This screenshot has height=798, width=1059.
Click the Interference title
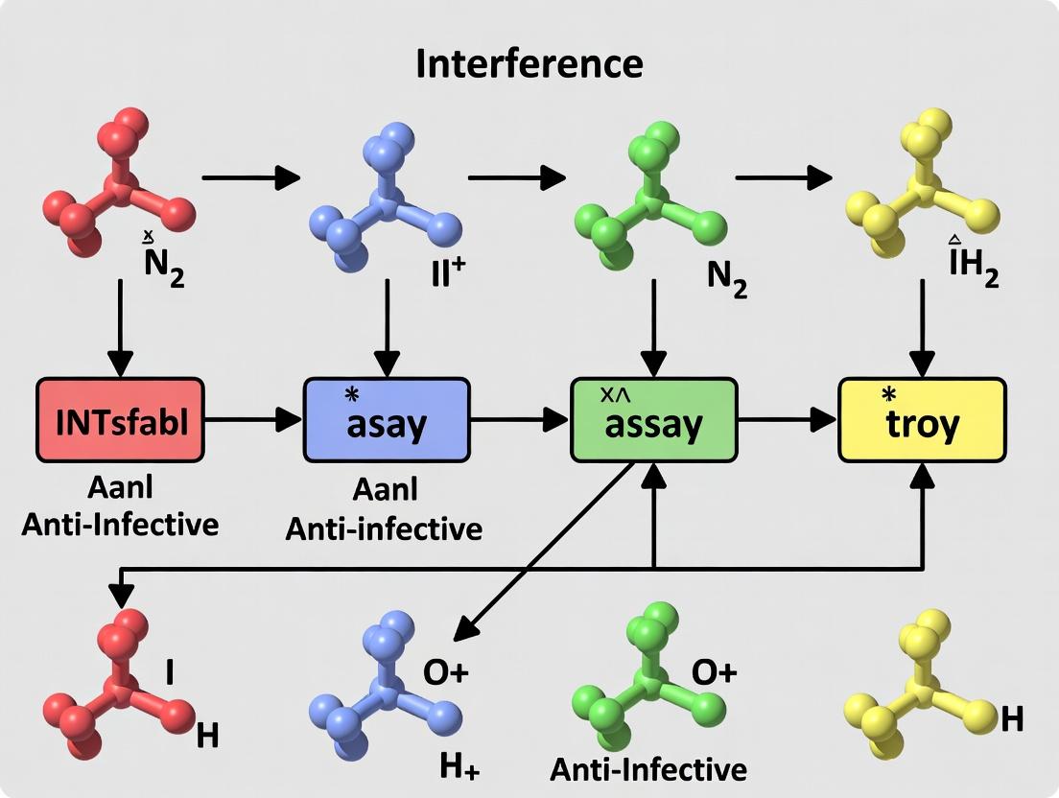click(x=529, y=64)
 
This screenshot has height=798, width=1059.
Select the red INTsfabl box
click(x=120, y=419)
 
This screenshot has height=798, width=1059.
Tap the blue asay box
click(x=387, y=419)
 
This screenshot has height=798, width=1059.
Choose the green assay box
click(x=653, y=419)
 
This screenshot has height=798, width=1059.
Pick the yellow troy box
click(x=922, y=419)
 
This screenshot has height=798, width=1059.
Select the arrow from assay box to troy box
click(x=787, y=419)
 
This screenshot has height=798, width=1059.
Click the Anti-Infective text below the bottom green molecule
click(x=648, y=768)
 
